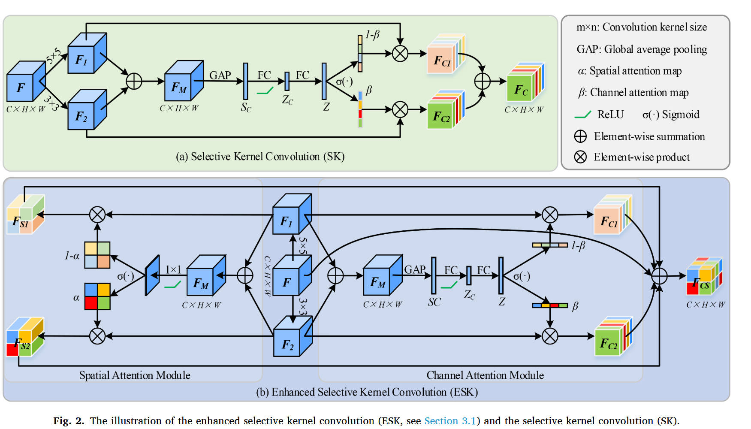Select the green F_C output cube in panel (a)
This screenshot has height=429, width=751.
pos(524,85)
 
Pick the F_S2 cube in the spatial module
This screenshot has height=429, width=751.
pos(24,339)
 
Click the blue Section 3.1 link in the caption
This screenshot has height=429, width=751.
pos(450,421)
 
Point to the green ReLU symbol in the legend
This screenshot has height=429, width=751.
pos(582,115)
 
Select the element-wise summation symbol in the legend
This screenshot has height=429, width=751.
pos(580,136)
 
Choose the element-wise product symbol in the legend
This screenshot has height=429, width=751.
pos(580,157)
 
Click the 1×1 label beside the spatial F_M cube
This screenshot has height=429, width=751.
pos(173,269)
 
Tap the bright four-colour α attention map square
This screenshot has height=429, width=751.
pos(97,296)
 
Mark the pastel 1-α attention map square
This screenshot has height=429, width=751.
pos(97,255)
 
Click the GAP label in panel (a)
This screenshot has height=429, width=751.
pos(220,76)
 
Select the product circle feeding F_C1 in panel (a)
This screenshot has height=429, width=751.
pos(400,54)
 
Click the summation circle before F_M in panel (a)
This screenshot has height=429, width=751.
pos(134,81)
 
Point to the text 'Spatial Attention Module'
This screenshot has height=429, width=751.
pos(135,375)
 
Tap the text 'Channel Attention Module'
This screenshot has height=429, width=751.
pos(485,375)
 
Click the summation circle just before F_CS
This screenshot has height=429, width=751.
pos(659,276)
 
